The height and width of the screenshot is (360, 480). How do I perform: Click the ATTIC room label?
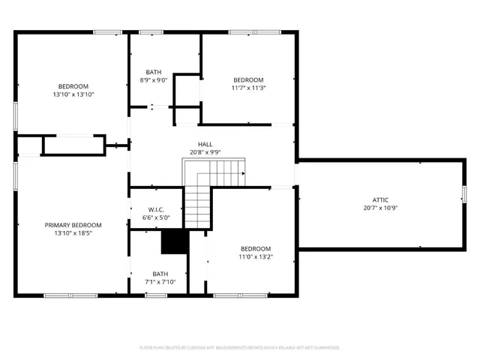(x=380, y=199)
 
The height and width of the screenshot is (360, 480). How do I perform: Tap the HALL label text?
(x=205, y=144)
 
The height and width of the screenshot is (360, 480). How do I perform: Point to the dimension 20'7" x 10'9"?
(x=380, y=208)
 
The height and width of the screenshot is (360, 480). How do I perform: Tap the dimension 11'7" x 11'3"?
(x=248, y=88)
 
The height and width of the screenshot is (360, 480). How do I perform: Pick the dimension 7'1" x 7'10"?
(x=160, y=282)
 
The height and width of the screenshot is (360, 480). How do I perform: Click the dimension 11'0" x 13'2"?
(x=256, y=257)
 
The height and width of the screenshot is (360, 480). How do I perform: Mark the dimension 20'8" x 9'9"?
(x=205, y=152)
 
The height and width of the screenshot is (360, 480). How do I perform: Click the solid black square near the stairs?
(x=174, y=241)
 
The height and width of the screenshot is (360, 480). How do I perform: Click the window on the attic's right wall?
(x=463, y=199)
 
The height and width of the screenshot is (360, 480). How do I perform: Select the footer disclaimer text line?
(x=240, y=348)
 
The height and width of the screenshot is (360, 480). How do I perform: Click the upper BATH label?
(x=153, y=72)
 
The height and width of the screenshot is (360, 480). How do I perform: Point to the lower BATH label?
(x=160, y=274)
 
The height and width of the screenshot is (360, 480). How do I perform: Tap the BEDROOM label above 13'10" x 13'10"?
(x=73, y=86)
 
